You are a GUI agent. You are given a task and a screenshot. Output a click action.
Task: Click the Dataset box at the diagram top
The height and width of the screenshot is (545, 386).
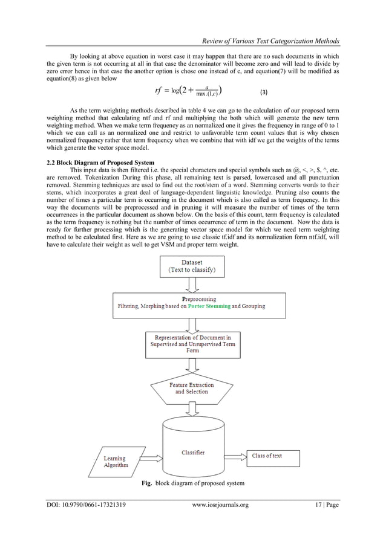pyautogui.click(x=192, y=267)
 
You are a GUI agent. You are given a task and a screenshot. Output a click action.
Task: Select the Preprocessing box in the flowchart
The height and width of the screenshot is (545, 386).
pyautogui.click(x=192, y=303)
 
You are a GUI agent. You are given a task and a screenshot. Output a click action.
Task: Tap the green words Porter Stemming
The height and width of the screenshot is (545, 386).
pyautogui.click(x=209, y=306)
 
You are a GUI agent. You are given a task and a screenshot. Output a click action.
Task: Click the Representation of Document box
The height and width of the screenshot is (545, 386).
pyautogui.click(x=192, y=344)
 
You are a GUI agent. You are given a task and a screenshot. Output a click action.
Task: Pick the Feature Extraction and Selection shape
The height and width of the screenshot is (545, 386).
pyautogui.click(x=192, y=387)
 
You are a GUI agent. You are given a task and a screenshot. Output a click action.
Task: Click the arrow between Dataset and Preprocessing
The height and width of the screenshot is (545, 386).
pyautogui.click(x=192, y=285)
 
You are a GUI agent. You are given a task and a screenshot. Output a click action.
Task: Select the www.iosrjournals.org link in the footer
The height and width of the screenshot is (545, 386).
pyautogui.click(x=220, y=505)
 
